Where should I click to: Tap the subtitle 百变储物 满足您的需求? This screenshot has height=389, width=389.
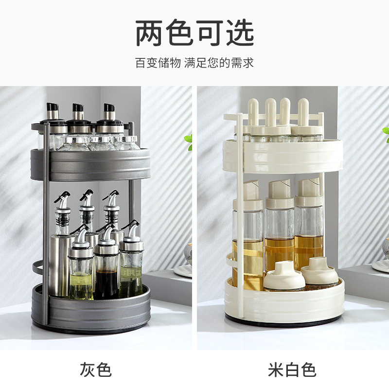194,63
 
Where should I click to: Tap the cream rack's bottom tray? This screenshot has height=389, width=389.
287,304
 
